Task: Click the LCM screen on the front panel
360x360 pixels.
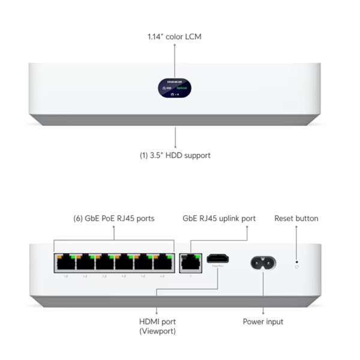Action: pos(175,88)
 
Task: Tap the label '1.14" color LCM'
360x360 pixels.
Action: pos(175,37)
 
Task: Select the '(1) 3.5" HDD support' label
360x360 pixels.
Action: pos(175,155)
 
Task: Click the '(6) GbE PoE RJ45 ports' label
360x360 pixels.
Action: pos(113,218)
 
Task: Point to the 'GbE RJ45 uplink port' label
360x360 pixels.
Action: pos(219,218)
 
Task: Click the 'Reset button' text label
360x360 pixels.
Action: pos(296,218)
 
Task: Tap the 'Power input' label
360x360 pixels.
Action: pos(263,322)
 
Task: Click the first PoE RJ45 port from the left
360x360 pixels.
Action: pos(64,262)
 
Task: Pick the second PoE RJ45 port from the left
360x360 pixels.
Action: pos(84,262)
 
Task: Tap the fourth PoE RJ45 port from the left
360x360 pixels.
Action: pos(124,262)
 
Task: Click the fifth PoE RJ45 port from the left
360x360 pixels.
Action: pos(143,262)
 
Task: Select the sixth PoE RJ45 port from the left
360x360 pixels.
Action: pos(163,262)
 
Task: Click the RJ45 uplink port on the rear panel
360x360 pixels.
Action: pos(190,262)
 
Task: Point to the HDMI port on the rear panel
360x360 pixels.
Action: pos(217,259)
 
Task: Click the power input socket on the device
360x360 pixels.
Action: pos(262,262)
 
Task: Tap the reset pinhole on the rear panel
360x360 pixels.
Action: pos(296,262)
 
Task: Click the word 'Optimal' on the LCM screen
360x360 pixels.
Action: pos(182,88)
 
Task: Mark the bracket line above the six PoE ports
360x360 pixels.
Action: pos(113,241)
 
